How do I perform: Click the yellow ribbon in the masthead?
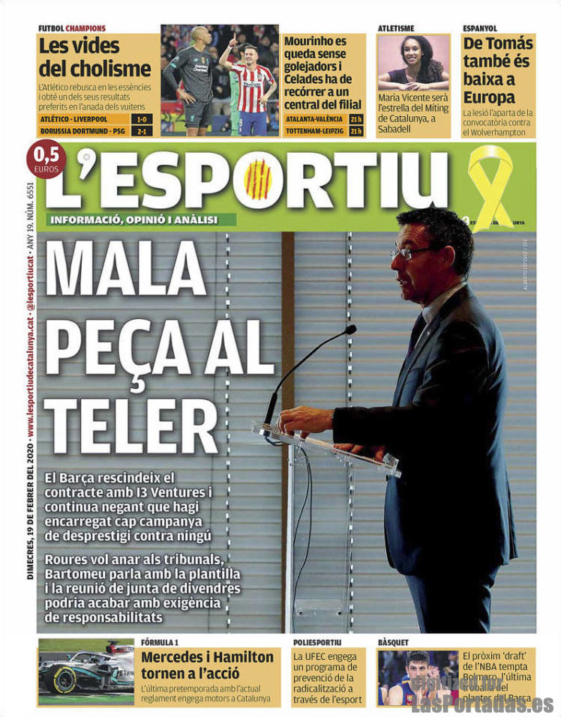491,183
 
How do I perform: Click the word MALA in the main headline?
126,268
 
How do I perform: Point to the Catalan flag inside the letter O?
258,179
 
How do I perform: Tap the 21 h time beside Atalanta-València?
355,119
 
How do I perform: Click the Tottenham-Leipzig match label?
313,131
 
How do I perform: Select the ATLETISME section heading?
395,28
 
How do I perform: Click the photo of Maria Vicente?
414,62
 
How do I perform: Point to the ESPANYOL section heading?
480,28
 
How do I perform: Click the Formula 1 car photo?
86,671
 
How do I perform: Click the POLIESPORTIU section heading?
316,642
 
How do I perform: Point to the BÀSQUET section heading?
394,642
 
